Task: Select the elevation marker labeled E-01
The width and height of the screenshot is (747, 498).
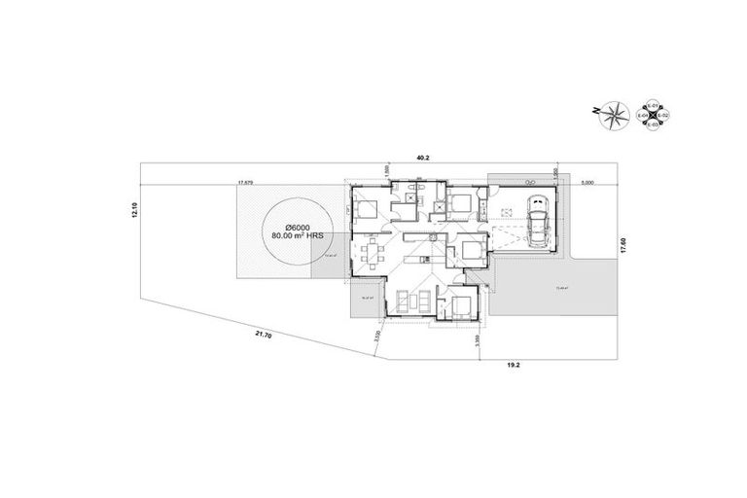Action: pyautogui.click(x=654, y=105)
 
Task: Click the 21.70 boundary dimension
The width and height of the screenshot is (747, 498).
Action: pyautogui.click(x=262, y=334)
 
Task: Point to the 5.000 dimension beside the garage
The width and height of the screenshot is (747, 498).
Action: pyautogui.click(x=587, y=182)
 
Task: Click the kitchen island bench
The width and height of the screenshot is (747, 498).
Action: pyautogui.click(x=421, y=237)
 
